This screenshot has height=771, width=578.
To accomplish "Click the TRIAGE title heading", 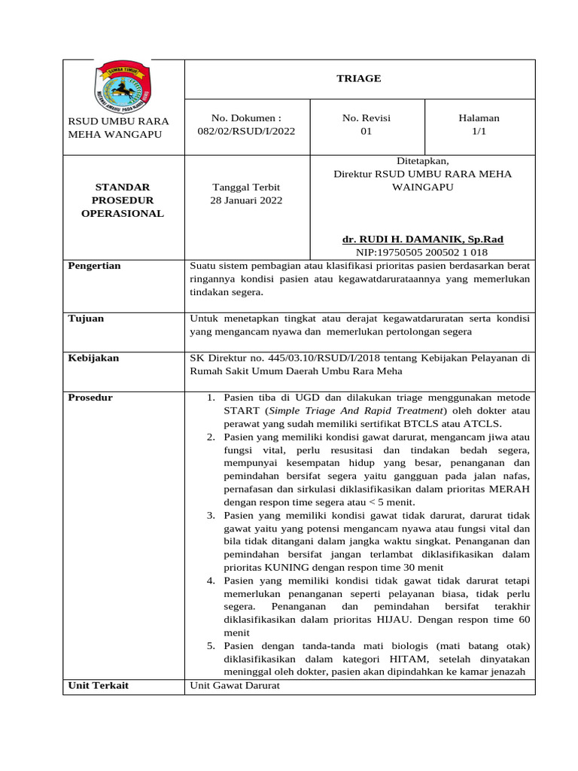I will tap(359, 78).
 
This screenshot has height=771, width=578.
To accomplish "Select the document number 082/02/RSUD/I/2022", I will tap(246, 130).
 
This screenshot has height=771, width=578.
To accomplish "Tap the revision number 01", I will tap(366, 130).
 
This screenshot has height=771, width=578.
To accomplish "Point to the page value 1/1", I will tap(479, 130).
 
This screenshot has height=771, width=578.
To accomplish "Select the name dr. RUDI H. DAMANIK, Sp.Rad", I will tap(422, 239).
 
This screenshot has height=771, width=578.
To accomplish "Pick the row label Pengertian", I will tap(94, 266).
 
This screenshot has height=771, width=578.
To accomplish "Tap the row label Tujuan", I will tap(86, 318).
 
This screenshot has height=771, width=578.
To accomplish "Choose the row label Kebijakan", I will tap(93, 358).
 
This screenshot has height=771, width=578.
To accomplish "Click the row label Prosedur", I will tap(90, 398).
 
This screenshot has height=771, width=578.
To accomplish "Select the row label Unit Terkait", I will tap(98, 685).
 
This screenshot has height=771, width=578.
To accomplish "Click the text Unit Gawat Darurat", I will tap(235, 685).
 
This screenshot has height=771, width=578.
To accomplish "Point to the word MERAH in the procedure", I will tap(510, 489).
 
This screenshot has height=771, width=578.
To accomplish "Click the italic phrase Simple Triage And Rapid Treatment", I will tap(357, 410).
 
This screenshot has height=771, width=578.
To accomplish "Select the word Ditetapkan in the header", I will tap(422, 160).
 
